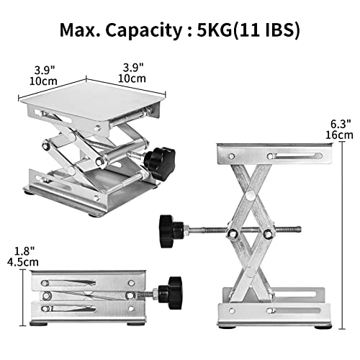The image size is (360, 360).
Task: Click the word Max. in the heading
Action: pyautogui.click(x=81, y=31)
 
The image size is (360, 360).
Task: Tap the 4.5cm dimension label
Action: pyautogui.click(x=15, y=264)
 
